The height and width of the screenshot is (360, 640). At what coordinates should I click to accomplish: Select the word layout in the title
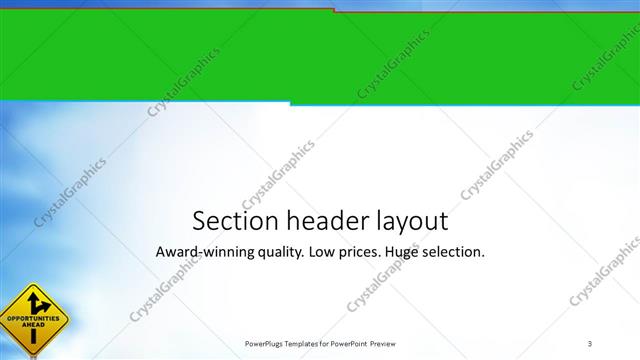(411, 221)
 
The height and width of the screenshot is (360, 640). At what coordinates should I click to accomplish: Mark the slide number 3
(590, 344)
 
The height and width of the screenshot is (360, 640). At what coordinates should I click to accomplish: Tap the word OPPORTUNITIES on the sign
(32, 319)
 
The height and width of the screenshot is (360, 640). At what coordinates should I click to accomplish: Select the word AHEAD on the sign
(33, 326)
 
